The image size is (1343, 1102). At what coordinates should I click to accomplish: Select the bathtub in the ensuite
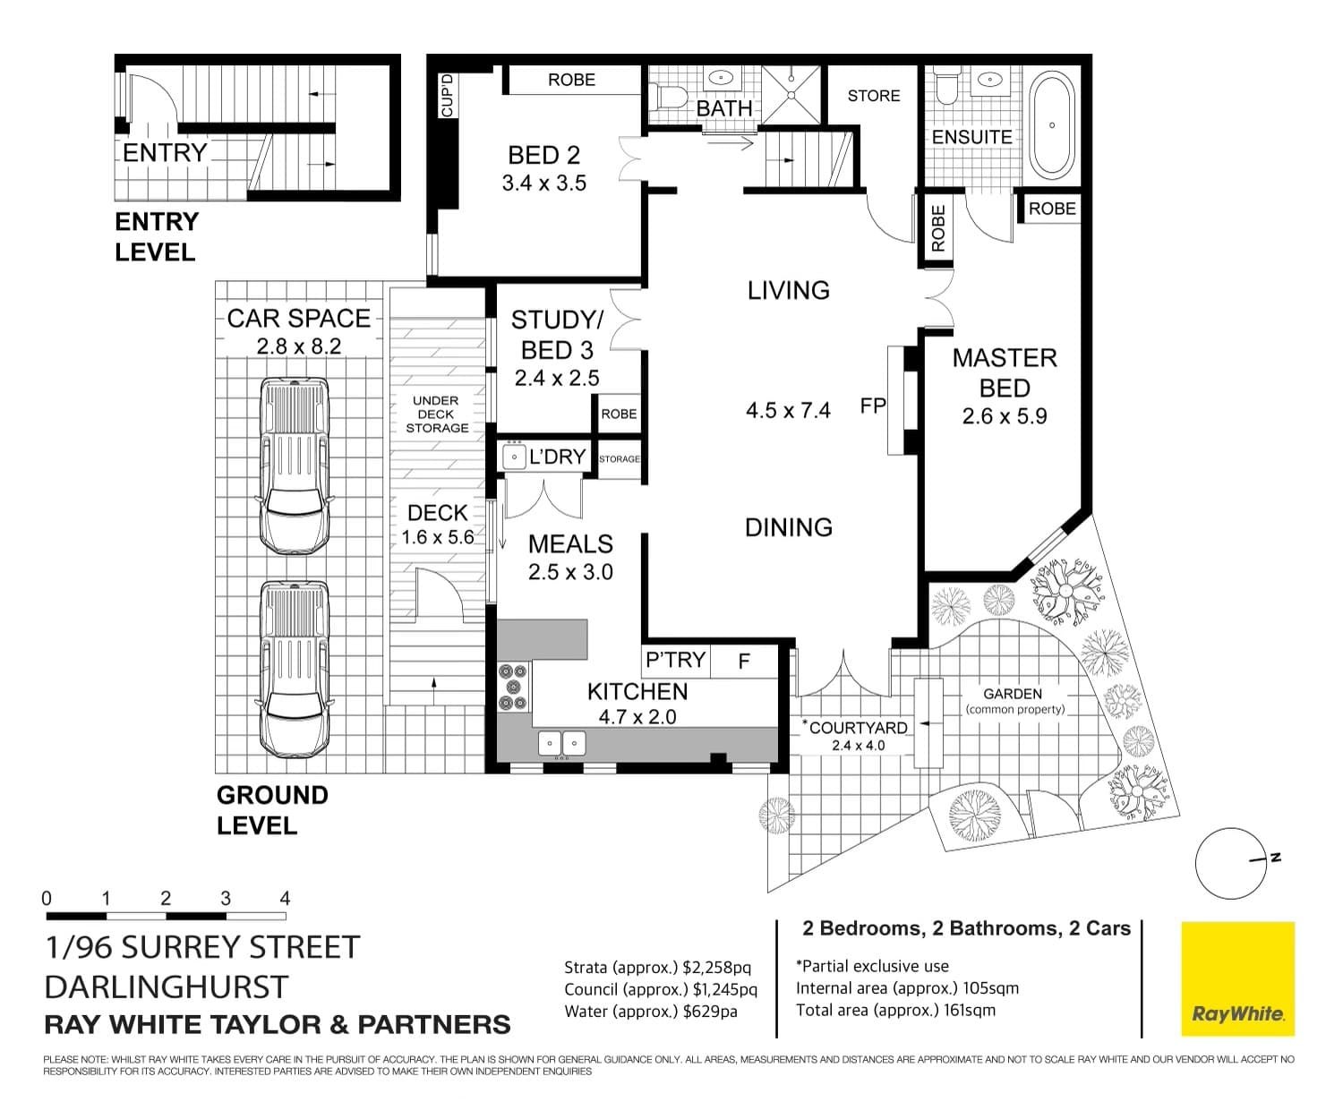click(x=1051, y=125)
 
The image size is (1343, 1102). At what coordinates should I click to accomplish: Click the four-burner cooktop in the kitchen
click(x=513, y=688)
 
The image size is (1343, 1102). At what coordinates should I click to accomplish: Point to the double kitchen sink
click(x=561, y=743)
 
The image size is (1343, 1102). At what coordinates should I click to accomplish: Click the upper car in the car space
click(x=295, y=466)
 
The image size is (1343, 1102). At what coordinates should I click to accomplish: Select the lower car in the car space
click(x=295, y=669)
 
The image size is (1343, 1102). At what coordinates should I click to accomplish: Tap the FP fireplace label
click(x=873, y=406)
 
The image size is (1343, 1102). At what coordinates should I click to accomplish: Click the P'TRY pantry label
click(x=676, y=660)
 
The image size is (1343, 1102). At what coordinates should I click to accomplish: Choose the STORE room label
click(x=874, y=96)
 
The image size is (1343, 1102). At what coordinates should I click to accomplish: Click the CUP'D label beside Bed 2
click(x=447, y=95)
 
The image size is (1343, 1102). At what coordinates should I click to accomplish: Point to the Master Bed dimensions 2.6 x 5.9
click(x=1004, y=416)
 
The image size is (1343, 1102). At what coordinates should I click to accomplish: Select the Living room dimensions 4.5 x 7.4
click(x=788, y=411)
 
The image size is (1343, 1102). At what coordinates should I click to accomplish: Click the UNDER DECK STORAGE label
click(x=437, y=414)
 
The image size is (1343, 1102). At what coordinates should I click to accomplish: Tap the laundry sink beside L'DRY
click(x=514, y=457)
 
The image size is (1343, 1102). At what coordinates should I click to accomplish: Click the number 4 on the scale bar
click(x=285, y=899)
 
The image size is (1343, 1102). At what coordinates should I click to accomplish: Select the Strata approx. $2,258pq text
click(x=657, y=967)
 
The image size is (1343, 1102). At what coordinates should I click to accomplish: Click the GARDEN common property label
click(x=1014, y=701)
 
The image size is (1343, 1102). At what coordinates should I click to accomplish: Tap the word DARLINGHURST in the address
click(x=167, y=987)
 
